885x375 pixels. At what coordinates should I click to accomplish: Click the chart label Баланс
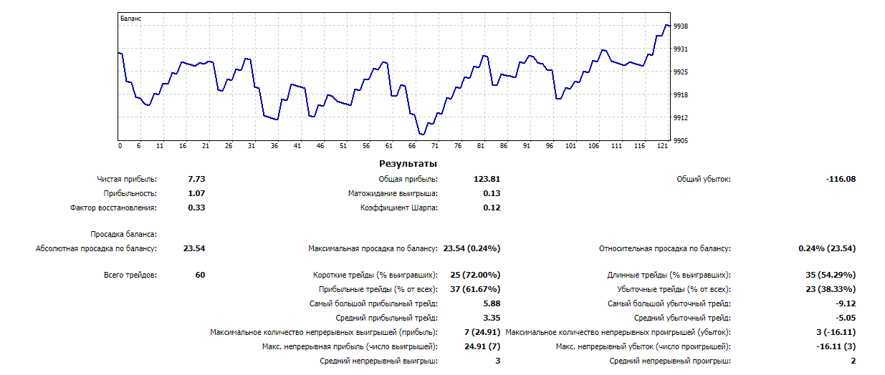[x=130, y=19]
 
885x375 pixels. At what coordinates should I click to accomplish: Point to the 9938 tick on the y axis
[x=681, y=26]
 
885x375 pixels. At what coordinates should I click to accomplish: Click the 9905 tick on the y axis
[x=681, y=141]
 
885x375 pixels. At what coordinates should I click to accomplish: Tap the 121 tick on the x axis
[x=663, y=146]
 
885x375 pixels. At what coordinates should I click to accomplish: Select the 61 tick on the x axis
[x=389, y=146]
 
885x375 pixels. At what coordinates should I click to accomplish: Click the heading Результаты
[x=408, y=164]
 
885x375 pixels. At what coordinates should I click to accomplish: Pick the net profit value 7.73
[x=196, y=179]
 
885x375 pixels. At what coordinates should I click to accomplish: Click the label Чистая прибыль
[x=127, y=179]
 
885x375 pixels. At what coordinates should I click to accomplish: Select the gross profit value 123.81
[x=487, y=179]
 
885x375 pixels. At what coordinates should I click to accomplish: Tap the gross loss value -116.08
[x=841, y=179]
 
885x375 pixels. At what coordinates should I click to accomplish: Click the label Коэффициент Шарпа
[x=399, y=208]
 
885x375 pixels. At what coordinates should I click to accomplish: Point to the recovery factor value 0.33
[x=196, y=208]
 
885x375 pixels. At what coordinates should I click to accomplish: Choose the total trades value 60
[x=200, y=275]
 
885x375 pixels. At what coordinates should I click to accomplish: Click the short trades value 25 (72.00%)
[x=475, y=275]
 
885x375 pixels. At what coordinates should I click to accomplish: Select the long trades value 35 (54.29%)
[x=831, y=275]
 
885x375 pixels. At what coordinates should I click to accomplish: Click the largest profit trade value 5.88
[x=492, y=303]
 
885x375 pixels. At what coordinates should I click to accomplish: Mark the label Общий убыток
[x=704, y=179]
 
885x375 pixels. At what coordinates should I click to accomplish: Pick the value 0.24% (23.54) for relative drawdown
[x=827, y=248]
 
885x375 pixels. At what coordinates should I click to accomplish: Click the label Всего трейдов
[x=130, y=275]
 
